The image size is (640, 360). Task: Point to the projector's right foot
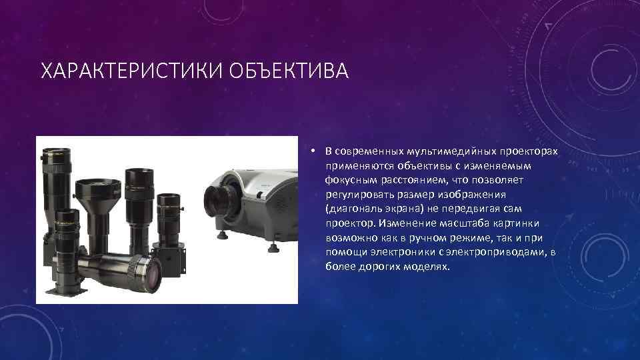pos(272,249)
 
